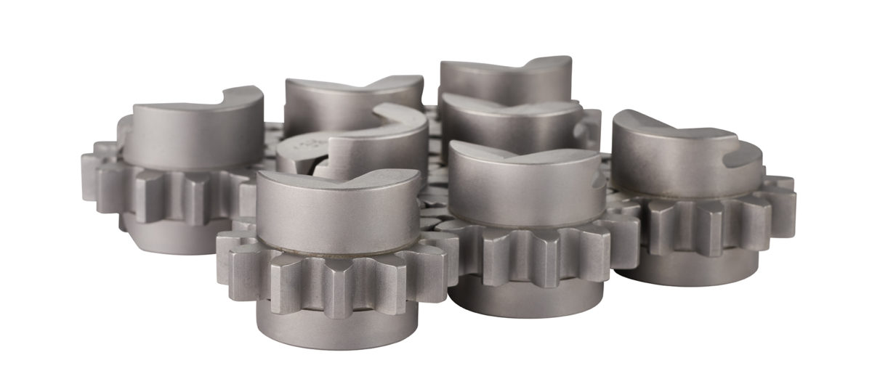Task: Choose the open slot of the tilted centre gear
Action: tap(363, 127)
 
